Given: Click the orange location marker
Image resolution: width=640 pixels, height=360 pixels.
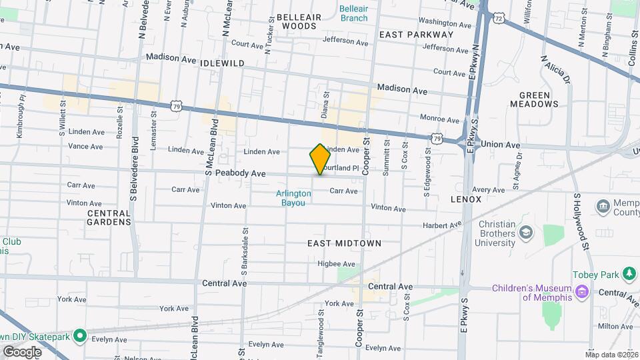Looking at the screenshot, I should [320, 159].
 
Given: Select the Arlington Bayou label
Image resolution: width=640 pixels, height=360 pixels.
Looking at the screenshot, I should [293, 198].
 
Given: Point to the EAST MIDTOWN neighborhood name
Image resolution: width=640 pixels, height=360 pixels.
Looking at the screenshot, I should [345, 243].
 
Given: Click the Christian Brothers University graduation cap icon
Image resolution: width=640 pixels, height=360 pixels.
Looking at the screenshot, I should [527, 232].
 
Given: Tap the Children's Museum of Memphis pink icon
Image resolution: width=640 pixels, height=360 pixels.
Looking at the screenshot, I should [583, 291].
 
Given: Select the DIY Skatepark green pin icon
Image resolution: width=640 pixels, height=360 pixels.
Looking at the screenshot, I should [80, 336].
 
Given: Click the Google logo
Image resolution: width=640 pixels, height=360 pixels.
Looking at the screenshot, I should [21, 351].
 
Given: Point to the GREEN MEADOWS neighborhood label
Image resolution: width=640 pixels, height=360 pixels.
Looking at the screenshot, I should [534, 99].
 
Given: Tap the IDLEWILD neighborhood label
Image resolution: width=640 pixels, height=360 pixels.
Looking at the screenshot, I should [222, 63].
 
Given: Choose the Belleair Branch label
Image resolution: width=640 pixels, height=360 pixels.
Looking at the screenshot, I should [353, 13].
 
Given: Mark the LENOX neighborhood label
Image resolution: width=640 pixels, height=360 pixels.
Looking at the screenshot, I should [466, 199].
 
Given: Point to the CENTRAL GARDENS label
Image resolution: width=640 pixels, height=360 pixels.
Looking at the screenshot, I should [109, 217].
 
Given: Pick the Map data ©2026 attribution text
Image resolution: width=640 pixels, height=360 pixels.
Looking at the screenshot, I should [611, 355].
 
